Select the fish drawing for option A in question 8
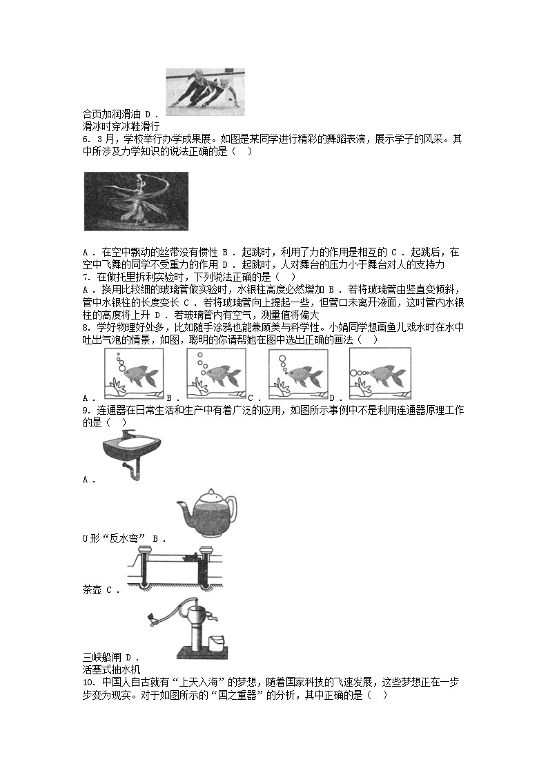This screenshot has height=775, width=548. coord(133,373)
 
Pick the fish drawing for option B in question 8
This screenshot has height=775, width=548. coord(216,373)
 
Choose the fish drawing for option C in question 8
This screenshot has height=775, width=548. coord(297,373)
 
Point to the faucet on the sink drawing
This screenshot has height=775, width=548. coord(125,435)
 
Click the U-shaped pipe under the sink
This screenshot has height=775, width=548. coord(133,470)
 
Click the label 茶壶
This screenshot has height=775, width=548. coord(92,590)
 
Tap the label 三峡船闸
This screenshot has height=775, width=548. coord(101,658)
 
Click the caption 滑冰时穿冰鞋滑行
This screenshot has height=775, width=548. coord(121,126)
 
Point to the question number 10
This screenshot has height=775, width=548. coord(88,682)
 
